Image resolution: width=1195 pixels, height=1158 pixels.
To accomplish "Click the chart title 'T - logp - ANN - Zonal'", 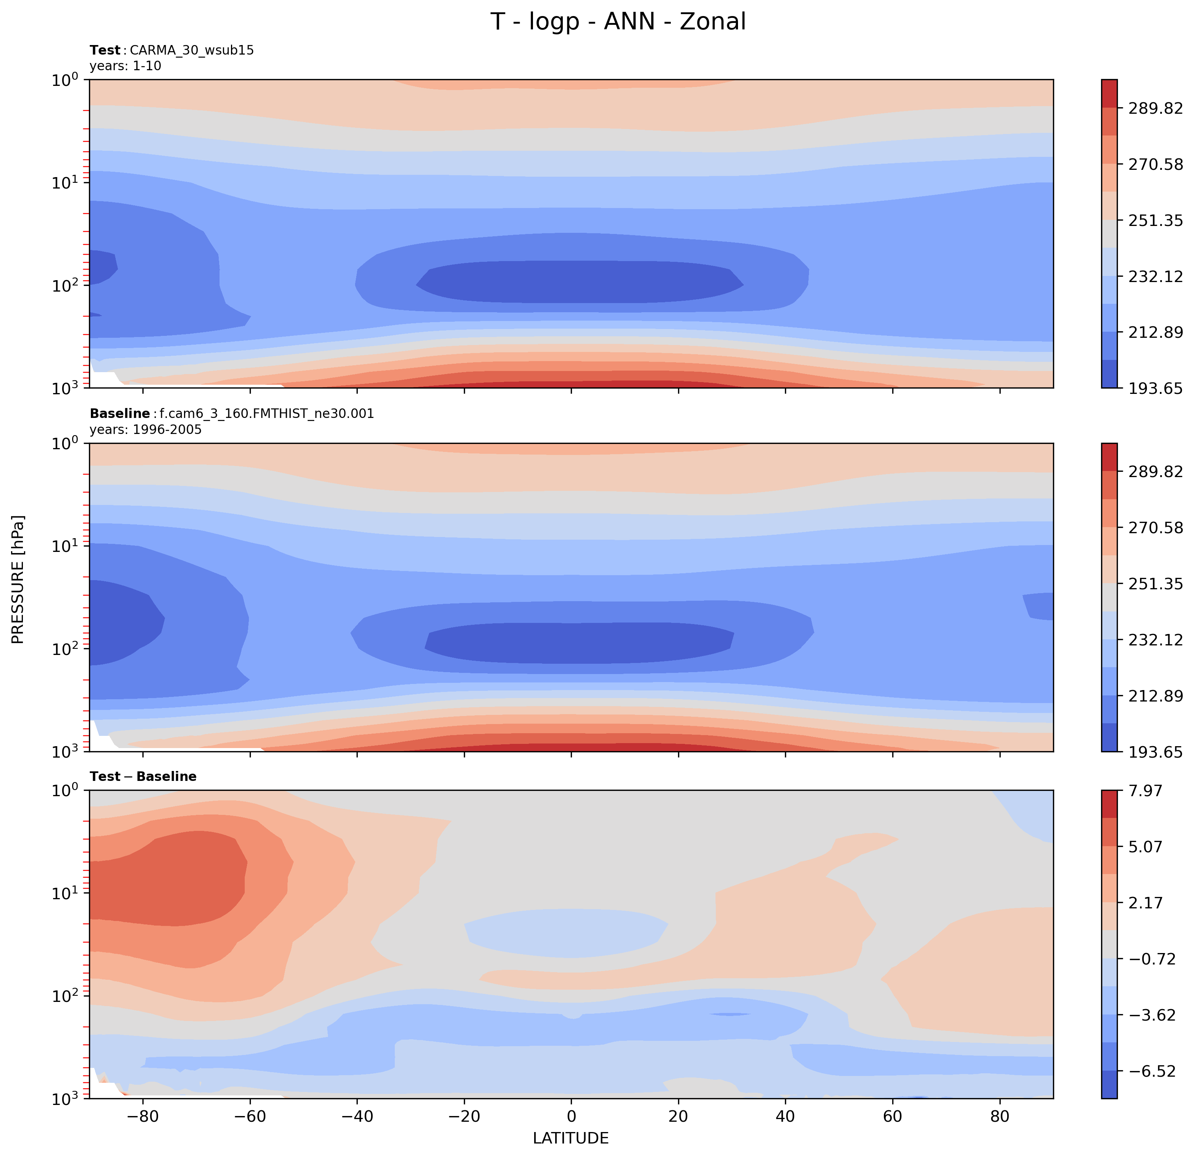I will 618,22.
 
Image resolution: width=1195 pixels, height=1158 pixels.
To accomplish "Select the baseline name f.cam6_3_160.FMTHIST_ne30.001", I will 266,414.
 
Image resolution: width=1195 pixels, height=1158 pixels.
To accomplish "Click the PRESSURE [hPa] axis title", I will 18,580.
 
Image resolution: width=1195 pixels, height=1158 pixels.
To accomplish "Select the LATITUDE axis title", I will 571,1139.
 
